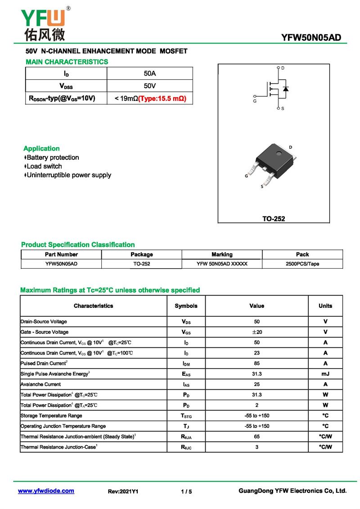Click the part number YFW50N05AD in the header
click(311, 38)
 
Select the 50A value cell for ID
click(150, 73)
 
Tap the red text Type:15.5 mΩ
click(162, 98)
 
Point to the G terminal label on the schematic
click(255, 101)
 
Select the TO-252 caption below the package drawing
click(274, 219)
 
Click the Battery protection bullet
click(53, 158)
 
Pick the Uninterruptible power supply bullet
click(69, 175)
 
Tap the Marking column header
click(222, 254)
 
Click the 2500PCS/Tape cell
click(302, 264)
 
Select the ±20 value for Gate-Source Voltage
click(256, 332)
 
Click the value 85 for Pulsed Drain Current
click(256, 363)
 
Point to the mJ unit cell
click(325, 374)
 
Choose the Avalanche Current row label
click(40, 384)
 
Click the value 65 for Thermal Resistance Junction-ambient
click(256, 437)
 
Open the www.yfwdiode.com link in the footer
click(46, 491)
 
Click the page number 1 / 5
click(186, 491)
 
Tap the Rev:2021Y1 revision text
click(123, 491)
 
